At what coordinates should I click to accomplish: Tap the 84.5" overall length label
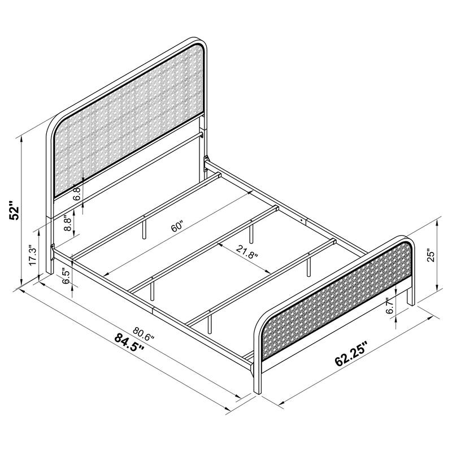point(129,342)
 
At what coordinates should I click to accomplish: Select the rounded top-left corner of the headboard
point(54,124)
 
